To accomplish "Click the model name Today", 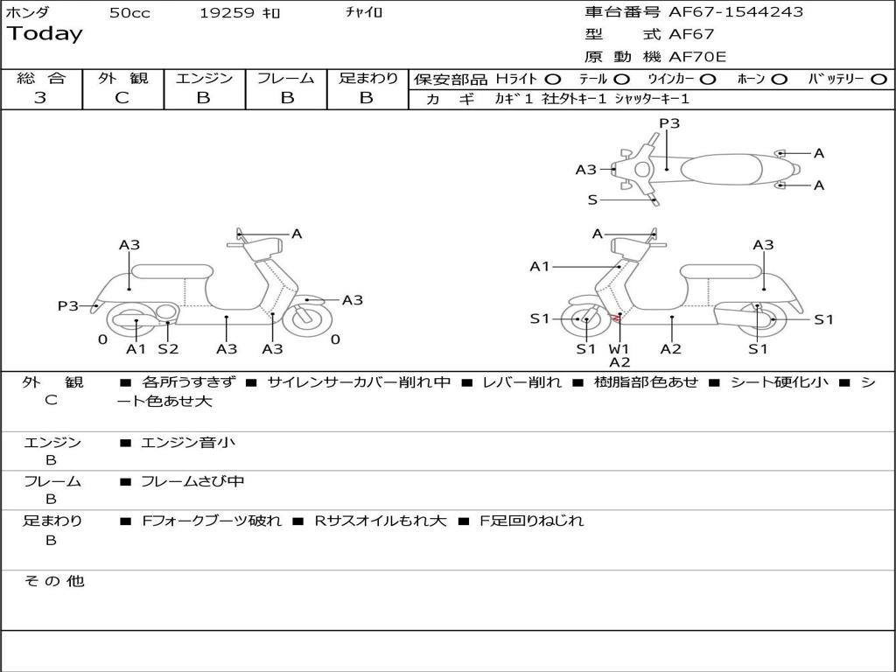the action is [x=45, y=34].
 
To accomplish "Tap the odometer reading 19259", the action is [x=227, y=13].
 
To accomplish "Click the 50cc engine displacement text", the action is [x=129, y=13].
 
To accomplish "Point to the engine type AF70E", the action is [x=697, y=57].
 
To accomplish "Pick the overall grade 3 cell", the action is [x=40, y=98].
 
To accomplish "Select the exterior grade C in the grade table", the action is [x=122, y=98].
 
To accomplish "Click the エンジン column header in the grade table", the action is [x=204, y=78].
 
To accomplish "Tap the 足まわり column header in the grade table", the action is [x=367, y=78].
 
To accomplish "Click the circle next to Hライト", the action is [x=553, y=79].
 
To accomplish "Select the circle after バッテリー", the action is [x=878, y=79].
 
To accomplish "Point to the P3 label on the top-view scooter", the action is [x=669, y=123].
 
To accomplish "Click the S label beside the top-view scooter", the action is [x=592, y=199].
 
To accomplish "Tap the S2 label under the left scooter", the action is [x=168, y=349].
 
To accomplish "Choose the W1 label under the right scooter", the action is [x=619, y=349].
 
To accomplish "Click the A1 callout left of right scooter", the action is [x=540, y=266].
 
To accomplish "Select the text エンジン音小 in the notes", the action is [x=188, y=443].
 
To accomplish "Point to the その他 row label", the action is [x=53, y=581].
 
